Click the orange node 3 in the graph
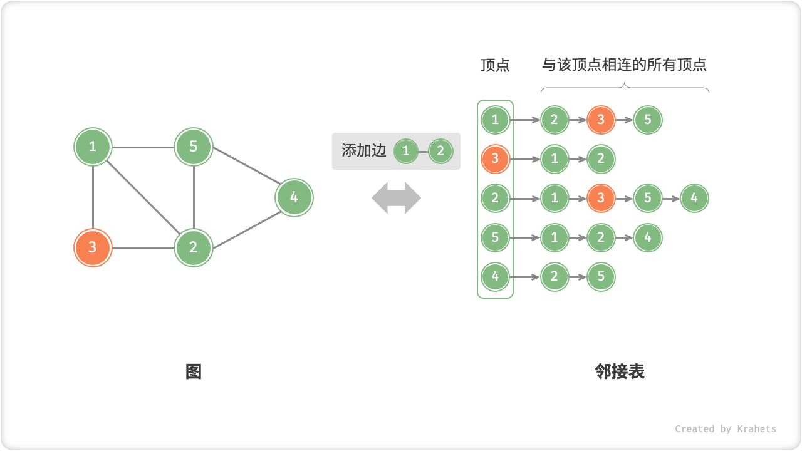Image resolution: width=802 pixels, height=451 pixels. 93,247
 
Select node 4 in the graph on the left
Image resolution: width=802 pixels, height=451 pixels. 294,198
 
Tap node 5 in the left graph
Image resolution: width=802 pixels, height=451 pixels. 194,147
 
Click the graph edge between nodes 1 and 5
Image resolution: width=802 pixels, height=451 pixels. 143,148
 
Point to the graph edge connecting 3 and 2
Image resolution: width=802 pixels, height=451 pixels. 143,248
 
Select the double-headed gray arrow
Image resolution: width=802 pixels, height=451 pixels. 396,198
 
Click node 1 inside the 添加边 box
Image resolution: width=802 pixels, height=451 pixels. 406,151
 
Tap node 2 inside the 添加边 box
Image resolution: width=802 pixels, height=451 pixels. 440,151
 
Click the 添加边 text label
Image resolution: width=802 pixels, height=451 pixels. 363,151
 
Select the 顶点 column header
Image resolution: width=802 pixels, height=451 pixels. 495,65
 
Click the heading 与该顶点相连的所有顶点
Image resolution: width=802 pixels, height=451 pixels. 624,65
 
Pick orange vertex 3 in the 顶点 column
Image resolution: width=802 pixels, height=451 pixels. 495,159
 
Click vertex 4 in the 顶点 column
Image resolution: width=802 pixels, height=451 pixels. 495,277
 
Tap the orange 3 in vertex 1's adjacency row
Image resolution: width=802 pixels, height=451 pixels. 601,120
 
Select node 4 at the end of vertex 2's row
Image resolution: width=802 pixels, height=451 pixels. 694,199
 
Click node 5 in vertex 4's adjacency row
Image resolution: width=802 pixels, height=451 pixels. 601,277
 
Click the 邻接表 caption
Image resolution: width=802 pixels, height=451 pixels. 620,372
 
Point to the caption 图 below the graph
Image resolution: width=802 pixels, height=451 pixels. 194,372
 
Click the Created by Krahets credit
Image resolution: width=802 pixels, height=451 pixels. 725,429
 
